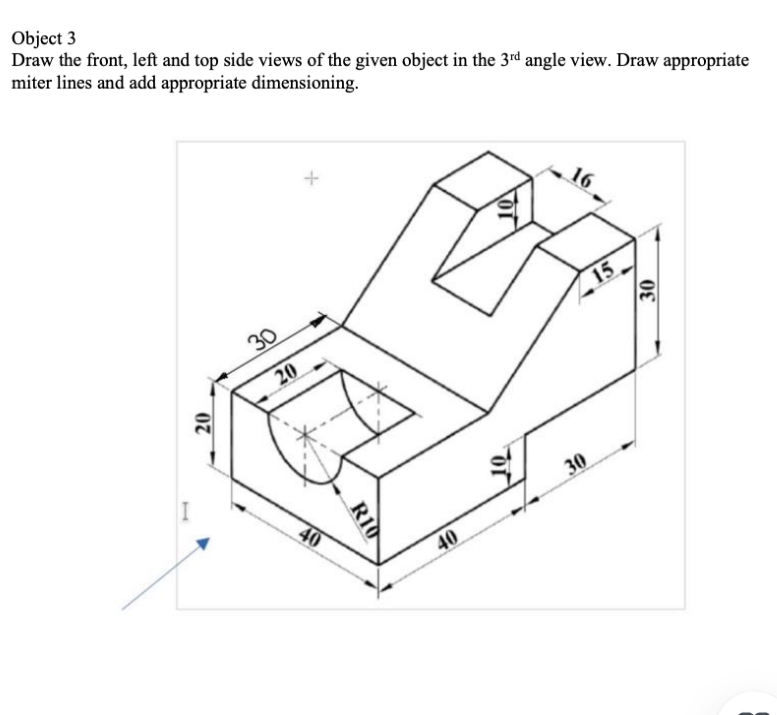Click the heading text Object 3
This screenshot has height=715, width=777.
click(44, 38)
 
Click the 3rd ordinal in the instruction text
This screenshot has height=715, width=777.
click(510, 60)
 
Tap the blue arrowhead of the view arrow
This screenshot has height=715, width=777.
click(203, 542)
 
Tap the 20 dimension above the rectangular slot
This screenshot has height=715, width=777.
click(286, 376)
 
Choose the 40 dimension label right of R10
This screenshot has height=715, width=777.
click(448, 539)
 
